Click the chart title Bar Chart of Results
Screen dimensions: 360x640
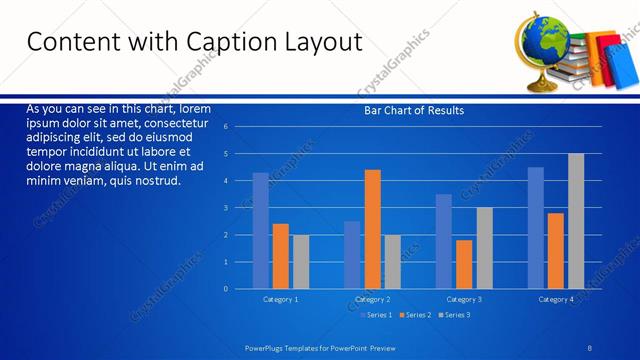coord(413,111)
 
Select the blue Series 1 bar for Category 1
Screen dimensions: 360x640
coord(260,231)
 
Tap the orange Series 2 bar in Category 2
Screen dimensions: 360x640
coord(372,229)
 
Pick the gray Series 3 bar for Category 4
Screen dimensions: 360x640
coord(576,221)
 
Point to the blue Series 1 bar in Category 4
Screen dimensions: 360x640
coord(536,228)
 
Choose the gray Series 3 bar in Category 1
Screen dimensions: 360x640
coord(301,262)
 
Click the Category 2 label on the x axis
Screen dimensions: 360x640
coord(372,299)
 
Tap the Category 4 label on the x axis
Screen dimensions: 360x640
coord(556,299)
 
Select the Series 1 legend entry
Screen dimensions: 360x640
coord(375,315)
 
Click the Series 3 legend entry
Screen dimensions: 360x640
coord(452,315)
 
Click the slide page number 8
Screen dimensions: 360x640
coord(590,348)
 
